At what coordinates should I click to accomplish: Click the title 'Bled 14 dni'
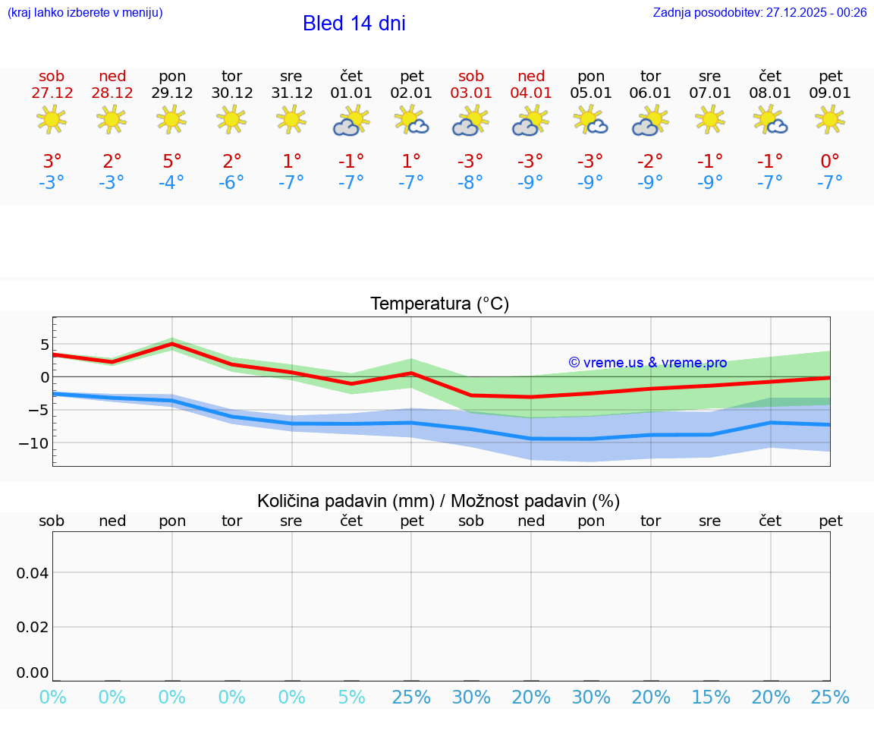[x=354, y=24]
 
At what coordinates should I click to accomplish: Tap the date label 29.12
[x=172, y=93]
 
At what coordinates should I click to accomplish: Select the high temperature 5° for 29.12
[x=172, y=162]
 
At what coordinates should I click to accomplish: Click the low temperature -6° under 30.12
[x=231, y=183]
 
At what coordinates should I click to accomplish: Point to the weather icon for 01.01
[x=351, y=121]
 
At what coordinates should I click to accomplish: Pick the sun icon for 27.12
[x=52, y=119]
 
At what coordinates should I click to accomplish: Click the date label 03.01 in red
[x=471, y=93]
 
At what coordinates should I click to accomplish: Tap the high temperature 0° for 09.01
[x=830, y=162]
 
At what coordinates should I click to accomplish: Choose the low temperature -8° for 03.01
[x=471, y=183]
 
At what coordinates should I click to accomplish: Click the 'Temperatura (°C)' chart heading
[x=439, y=304]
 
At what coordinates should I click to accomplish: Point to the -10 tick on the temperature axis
[x=33, y=443]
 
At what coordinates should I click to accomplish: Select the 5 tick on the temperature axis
[x=44, y=345]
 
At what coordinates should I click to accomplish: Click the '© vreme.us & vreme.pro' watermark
[x=648, y=363]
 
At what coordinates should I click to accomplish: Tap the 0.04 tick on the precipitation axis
[x=33, y=573]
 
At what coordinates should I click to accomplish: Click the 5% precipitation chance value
[x=351, y=697]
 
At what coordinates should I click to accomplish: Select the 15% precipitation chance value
[x=711, y=697]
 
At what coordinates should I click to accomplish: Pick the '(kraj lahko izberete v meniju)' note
[x=85, y=13]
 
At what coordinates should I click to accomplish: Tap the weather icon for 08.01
[x=770, y=121]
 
